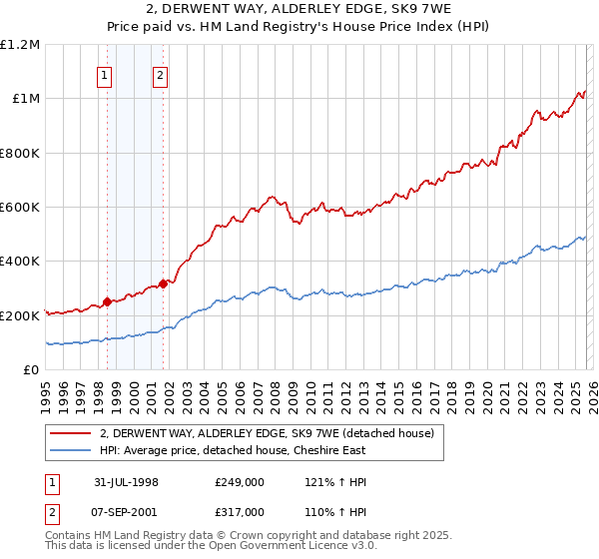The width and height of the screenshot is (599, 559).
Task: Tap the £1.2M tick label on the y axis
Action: [20, 45]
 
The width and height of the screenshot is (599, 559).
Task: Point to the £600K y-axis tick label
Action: [20, 208]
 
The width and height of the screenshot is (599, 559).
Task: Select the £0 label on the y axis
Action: [30, 369]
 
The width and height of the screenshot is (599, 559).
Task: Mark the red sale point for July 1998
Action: [107, 301]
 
